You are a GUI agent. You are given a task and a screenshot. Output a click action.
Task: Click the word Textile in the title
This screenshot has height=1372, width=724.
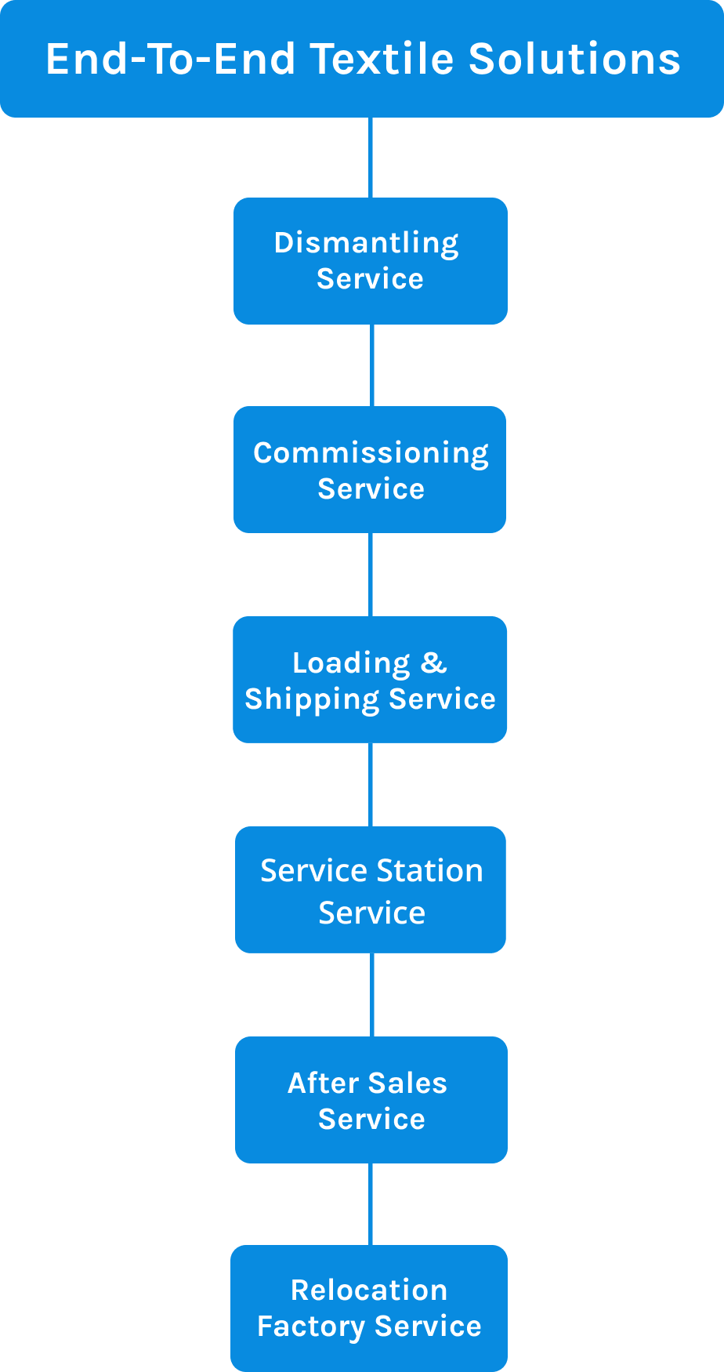click(382, 59)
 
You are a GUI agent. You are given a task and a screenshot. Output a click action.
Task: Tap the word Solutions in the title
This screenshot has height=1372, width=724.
click(574, 59)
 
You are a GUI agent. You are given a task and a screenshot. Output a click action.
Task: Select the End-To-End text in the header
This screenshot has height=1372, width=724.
click(170, 59)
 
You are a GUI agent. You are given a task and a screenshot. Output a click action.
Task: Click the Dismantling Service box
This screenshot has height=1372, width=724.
click(371, 261)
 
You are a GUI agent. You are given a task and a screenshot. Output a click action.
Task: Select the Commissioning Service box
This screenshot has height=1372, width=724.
click(370, 470)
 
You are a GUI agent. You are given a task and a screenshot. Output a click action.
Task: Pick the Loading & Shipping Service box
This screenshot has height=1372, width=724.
click(370, 680)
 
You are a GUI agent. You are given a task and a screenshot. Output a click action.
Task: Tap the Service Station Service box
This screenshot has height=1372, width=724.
click(371, 890)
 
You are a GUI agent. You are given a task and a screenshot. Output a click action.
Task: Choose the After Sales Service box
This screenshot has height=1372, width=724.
click(371, 1100)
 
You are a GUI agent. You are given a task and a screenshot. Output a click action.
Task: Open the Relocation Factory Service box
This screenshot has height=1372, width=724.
click(369, 1308)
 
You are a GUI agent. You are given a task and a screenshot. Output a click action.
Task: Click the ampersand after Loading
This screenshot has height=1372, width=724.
click(433, 662)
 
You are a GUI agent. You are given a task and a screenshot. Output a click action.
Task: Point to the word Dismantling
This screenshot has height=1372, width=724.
click(367, 244)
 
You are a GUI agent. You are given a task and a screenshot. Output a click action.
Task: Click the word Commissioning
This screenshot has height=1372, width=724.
click(371, 454)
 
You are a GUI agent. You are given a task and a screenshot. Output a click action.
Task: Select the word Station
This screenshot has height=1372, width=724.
click(429, 871)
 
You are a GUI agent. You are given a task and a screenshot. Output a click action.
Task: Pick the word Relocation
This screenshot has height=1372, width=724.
click(369, 1290)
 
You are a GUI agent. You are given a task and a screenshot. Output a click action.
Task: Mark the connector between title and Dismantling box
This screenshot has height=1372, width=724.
click(371, 158)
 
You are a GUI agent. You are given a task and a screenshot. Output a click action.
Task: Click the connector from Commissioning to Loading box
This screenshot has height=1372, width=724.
click(371, 575)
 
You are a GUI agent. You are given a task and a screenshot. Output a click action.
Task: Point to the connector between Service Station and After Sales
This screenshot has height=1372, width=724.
click(371, 995)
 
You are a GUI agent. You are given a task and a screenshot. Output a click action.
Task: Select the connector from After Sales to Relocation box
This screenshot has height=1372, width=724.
click(371, 1204)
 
